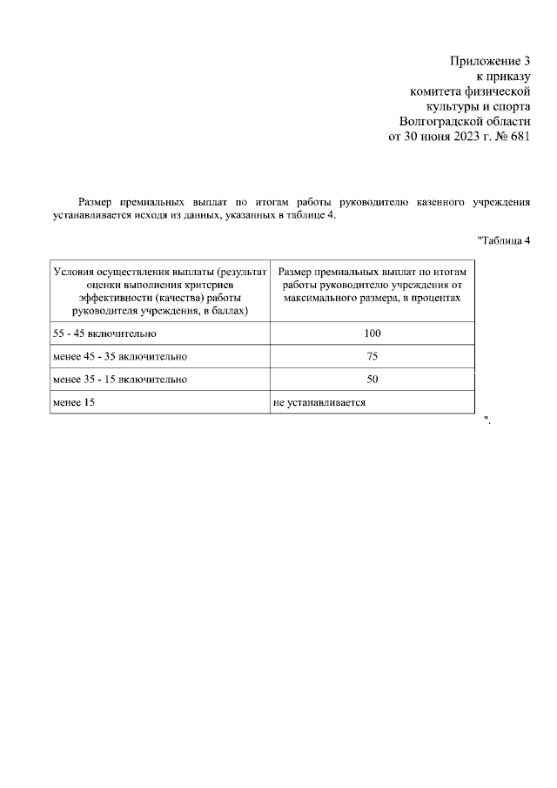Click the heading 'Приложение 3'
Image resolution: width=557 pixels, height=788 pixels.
tap(489, 61)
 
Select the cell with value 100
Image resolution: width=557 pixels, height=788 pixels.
tap(372, 334)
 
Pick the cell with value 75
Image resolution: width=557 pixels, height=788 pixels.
tap(372, 357)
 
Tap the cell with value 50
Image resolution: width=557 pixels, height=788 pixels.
tap(372, 381)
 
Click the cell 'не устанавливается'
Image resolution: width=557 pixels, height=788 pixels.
tap(319, 402)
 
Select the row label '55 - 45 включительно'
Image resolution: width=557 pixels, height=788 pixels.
tap(104, 334)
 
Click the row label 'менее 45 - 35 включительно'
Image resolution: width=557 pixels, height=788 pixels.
tap(120, 357)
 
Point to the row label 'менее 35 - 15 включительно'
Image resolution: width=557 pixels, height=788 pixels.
tap(120, 381)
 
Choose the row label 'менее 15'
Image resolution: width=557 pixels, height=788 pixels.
tap(74, 402)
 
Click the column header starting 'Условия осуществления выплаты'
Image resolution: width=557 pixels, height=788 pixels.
tap(159, 291)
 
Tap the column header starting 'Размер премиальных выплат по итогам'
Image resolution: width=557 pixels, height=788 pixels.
tap(372, 284)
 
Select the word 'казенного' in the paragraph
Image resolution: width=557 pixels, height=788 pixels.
tap(439, 201)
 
